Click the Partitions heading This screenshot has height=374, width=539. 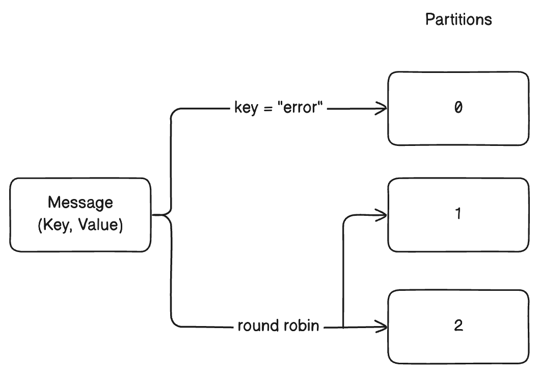click(459, 20)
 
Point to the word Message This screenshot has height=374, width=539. click(80, 203)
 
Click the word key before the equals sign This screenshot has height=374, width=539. click(245, 108)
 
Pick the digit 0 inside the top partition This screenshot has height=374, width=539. click(458, 108)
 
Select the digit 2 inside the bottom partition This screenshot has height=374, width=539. click(458, 326)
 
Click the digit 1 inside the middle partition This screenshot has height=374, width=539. click(458, 214)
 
